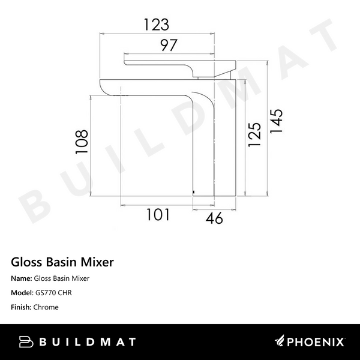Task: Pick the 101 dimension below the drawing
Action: coord(157,215)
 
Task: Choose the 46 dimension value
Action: coord(213,218)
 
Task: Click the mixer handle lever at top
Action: coord(162,63)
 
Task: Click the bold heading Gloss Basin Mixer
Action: coord(62,262)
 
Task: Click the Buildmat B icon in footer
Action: coord(26,341)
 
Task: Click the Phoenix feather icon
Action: coord(281,342)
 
